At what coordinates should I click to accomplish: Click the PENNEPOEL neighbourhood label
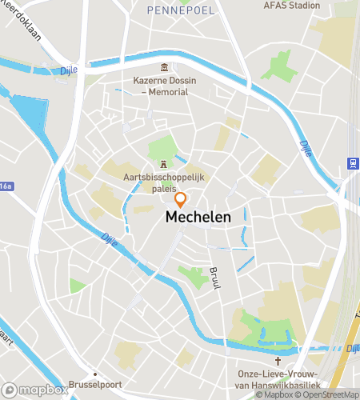click(180, 10)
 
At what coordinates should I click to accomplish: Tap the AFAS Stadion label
click(291, 4)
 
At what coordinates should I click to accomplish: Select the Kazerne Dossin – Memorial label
click(165, 86)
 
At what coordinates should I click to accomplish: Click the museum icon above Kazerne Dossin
click(165, 67)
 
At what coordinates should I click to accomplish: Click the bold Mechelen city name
click(198, 217)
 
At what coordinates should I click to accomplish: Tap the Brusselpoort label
click(94, 384)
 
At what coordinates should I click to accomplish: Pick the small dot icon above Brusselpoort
click(95, 372)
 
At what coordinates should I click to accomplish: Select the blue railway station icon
click(351, 163)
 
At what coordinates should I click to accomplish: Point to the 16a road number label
click(6, 186)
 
